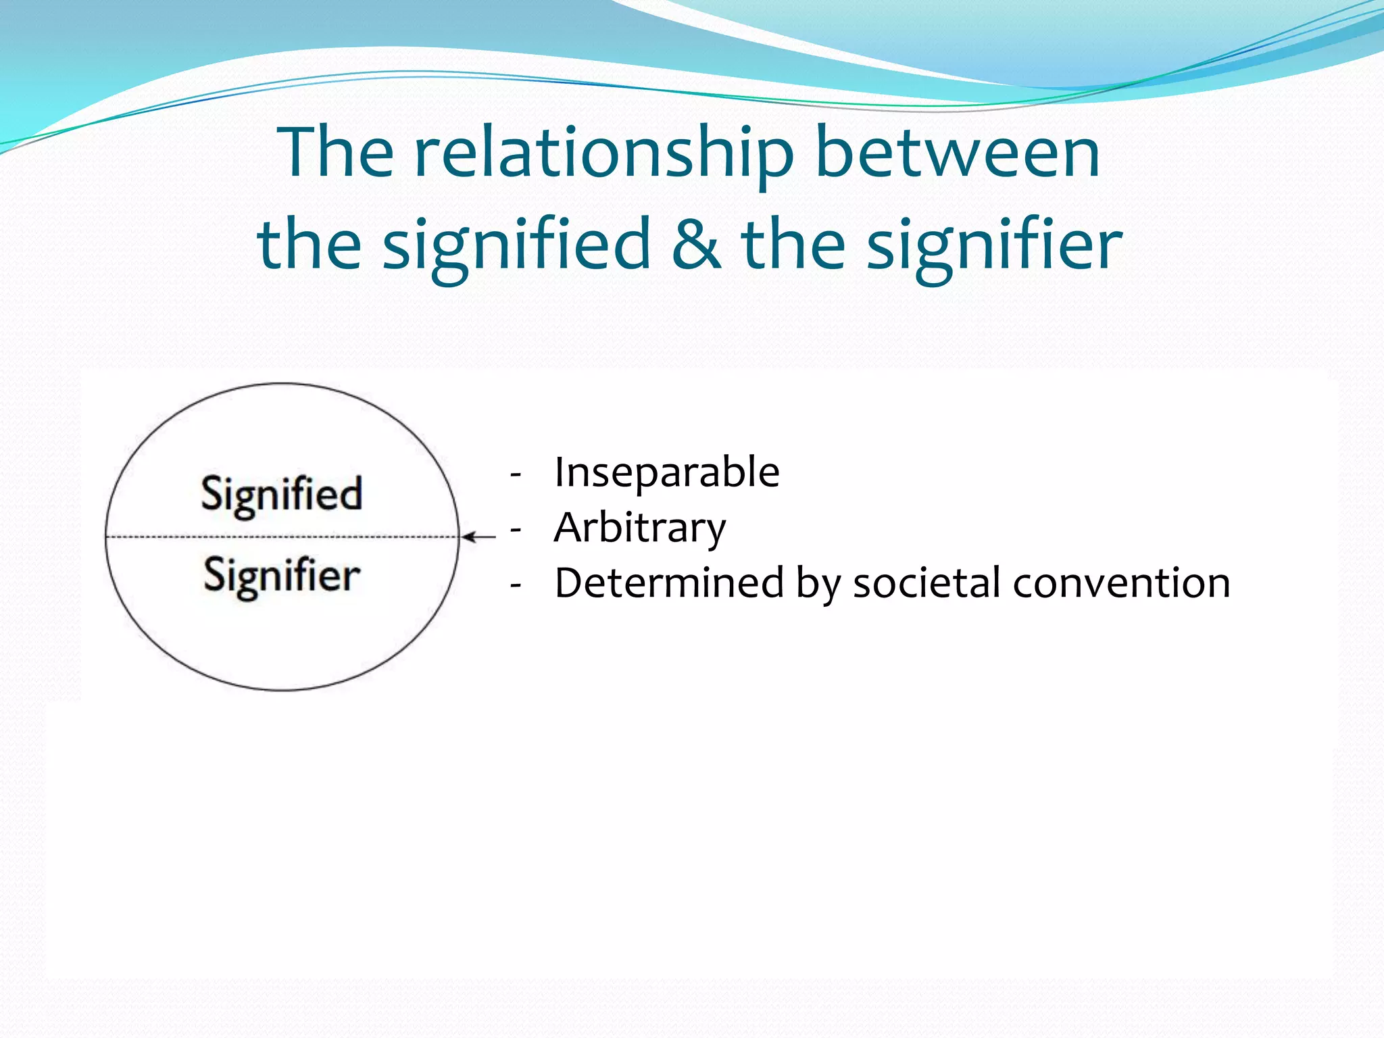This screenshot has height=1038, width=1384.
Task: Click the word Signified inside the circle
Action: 282,495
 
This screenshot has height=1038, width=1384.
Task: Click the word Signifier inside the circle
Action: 282,576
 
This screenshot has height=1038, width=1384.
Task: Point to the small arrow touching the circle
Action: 479,537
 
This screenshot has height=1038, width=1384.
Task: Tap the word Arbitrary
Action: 639,528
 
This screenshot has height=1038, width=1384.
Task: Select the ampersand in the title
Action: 695,244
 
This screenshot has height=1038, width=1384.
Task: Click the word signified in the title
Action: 516,245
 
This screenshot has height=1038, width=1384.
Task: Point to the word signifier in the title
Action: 994,245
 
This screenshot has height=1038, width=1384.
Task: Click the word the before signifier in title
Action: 793,244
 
